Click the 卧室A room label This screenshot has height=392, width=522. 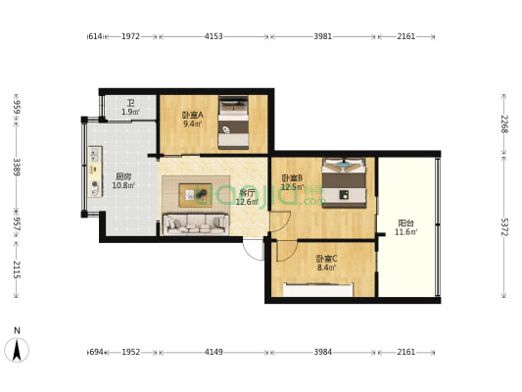(x=192, y=115)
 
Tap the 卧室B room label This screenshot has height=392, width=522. (x=292, y=177)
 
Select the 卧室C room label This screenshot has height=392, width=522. (x=326, y=258)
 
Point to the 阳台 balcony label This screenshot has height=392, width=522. (x=405, y=222)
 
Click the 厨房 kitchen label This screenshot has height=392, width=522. (x=123, y=176)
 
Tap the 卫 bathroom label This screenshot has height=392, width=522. (x=130, y=102)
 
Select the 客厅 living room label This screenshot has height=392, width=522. (x=247, y=193)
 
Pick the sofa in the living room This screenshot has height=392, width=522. (x=196, y=224)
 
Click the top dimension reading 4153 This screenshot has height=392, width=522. (x=214, y=36)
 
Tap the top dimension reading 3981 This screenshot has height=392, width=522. (x=323, y=36)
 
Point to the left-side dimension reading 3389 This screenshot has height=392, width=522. (x=17, y=167)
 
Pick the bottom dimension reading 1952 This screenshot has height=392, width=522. (x=130, y=352)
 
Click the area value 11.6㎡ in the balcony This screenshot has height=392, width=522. (x=405, y=232)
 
